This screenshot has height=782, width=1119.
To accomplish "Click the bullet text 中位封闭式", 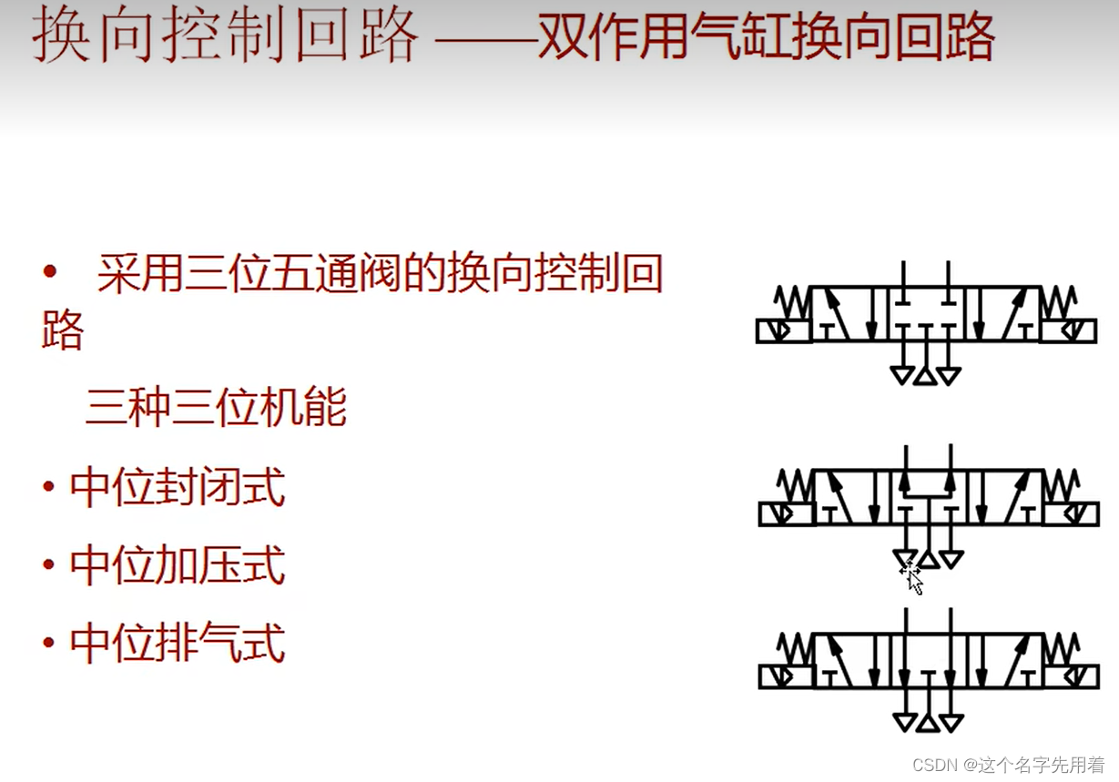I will click(178, 487).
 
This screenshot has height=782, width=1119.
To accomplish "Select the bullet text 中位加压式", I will click(178, 565).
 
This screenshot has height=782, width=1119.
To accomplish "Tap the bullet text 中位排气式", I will click(178, 644).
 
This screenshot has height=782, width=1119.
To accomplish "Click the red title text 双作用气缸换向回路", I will click(766, 39).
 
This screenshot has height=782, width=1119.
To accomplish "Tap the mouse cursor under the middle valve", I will click(912, 577).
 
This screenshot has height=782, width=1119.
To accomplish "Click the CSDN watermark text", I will click(1011, 764).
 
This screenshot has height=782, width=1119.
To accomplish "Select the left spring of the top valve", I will click(792, 301).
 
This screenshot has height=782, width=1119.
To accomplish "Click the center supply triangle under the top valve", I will click(926, 374).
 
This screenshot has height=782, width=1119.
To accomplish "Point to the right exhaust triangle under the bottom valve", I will click(951, 723).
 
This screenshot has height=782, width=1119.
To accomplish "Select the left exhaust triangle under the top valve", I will click(903, 374).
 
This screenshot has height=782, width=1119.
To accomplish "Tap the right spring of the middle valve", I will click(1060, 485).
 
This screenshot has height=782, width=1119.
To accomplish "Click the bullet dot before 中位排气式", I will click(49, 644).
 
